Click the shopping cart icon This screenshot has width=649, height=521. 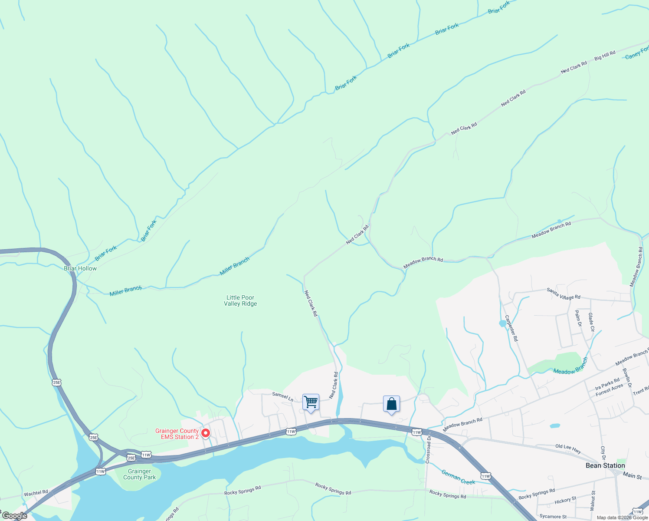click(x=311, y=402)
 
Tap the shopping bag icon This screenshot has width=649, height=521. click(x=391, y=404)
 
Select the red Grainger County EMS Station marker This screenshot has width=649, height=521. click(x=206, y=433)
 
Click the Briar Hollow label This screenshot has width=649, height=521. click(x=80, y=268)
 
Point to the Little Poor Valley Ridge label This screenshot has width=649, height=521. click(x=240, y=300)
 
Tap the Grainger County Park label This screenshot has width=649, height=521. click(x=139, y=474)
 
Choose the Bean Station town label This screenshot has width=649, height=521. click(x=605, y=465)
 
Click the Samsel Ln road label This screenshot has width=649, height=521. click(x=282, y=396)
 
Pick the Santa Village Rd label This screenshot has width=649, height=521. click(x=563, y=293)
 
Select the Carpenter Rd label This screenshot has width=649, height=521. click(x=511, y=328)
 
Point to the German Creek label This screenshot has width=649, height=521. click(x=458, y=477)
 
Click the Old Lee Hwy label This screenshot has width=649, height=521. click(x=568, y=449)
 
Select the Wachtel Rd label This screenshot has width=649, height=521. click(x=36, y=493)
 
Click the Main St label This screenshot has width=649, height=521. click(x=632, y=476)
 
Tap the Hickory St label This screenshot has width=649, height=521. click(x=565, y=501)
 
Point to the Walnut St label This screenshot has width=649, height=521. click(x=593, y=501)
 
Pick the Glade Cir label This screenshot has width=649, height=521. click(x=591, y=322)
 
